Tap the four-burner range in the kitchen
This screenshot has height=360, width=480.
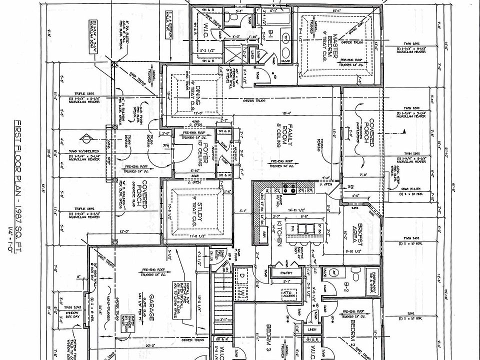288,189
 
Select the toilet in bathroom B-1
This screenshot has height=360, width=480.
230,18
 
